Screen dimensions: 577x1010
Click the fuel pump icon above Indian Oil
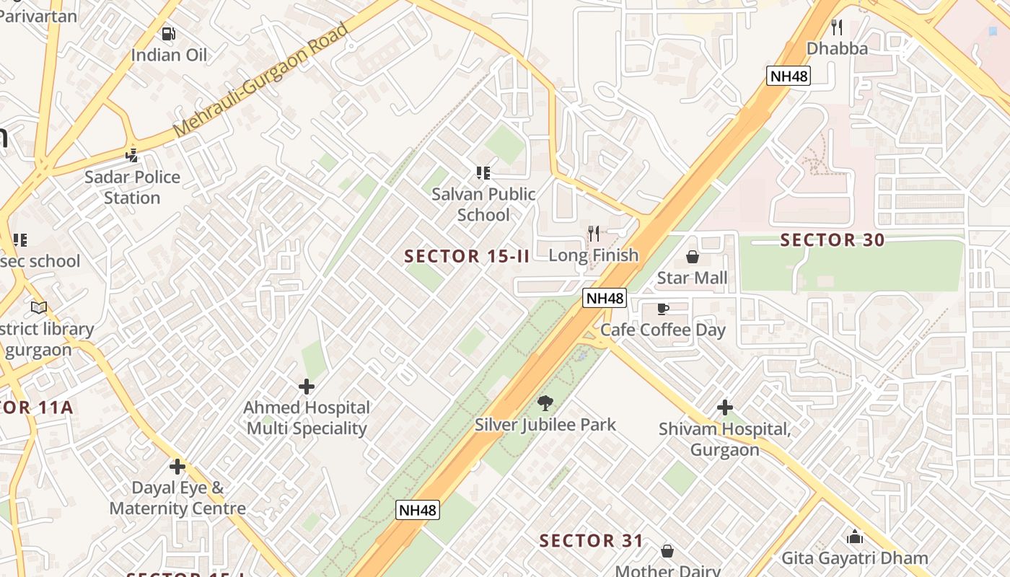tap(168, 33)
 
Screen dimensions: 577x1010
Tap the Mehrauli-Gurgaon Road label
tap(261, 80)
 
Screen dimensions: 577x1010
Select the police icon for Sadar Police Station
tap(131, 155)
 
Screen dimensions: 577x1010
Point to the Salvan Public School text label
tap(483, 204)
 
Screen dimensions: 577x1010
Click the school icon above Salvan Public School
tap(483, 172)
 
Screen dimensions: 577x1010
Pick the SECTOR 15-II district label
tap(467, 256)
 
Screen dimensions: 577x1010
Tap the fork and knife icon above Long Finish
tap(593, 233)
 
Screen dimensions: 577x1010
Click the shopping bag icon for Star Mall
tap(692, 257)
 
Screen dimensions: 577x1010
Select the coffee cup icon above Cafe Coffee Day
tap(662, 309)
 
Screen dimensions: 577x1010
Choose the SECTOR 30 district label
tap(833, 240)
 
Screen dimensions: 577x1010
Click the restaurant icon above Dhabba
tap(836, 27)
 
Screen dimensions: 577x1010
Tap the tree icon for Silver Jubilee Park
tap(545, 403)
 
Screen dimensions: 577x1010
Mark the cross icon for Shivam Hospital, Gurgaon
tap(724, 408)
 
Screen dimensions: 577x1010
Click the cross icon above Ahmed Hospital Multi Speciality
tap(307, 387)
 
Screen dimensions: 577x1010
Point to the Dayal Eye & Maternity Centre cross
tap(177, 467)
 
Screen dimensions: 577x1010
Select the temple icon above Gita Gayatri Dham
tap(855, 537)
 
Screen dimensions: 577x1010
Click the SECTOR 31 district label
tap(591, 540)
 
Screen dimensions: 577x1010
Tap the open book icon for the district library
tap(39, 308)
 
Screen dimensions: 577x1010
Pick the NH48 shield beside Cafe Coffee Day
tap(605, 298)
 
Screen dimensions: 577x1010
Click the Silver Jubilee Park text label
tap(545, 424)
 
